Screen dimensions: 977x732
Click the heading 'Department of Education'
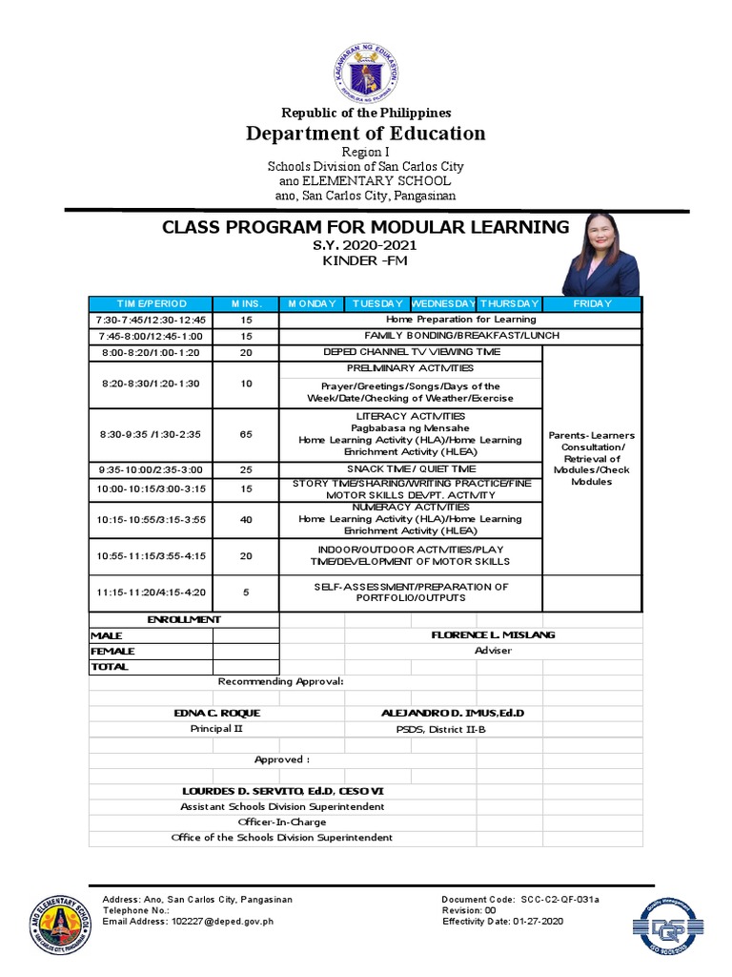tap(366, 133)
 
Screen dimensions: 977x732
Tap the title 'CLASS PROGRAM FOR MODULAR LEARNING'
tap(365, 227)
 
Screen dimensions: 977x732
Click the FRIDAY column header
tap(592, 303)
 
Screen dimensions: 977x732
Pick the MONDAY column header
tap(312, 303)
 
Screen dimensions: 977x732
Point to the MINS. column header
tap(246, 303)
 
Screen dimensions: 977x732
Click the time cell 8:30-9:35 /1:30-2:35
tap(151, 434)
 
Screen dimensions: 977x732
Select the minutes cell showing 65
tap(246, 434)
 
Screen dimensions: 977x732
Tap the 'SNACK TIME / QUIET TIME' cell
tap(411, 468)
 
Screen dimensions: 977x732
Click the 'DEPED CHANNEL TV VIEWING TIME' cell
tap(411, 352)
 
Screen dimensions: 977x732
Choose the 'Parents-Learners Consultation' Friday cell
tap(592, 458)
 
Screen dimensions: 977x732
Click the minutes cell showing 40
tap(246, 519)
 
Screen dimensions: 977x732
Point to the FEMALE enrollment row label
tap(113, 651)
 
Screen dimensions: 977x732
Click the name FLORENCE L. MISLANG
tap(493, 634)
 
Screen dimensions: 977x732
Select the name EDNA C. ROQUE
tap(216, 713)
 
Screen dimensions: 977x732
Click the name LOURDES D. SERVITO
tap(283, 791)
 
